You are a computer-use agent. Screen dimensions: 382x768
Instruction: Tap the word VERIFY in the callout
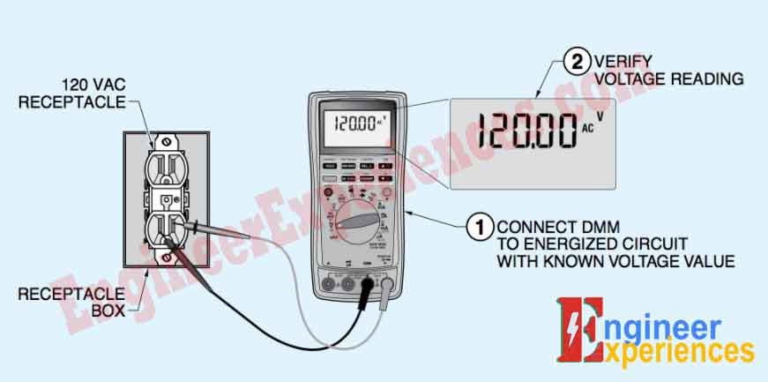click(x=623, y=62)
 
